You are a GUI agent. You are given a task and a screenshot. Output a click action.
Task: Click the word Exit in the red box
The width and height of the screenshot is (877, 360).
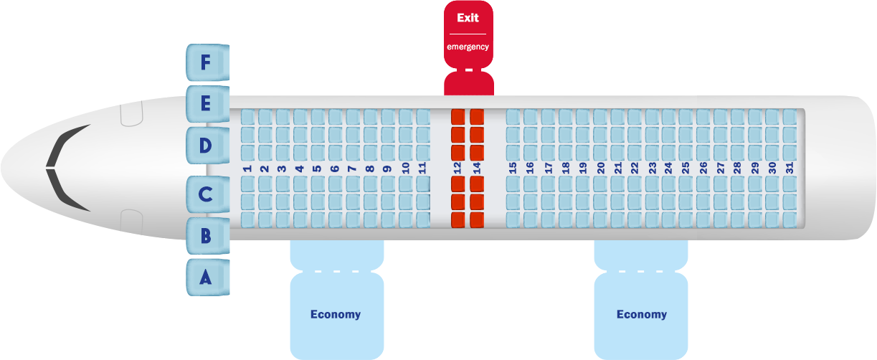(468, 18)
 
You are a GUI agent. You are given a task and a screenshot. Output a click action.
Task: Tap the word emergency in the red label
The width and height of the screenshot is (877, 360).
(468, 47)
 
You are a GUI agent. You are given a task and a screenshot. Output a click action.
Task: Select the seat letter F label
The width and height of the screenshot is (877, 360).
(206, 63)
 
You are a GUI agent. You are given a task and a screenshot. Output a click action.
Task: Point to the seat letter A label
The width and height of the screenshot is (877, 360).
(206, 277)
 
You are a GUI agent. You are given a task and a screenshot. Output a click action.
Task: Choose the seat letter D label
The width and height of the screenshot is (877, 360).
(206, 146)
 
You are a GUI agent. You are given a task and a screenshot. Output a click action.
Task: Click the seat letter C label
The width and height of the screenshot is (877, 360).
(206, 194)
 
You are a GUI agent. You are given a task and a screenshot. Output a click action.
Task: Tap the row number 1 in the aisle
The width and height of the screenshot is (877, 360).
(247, 169)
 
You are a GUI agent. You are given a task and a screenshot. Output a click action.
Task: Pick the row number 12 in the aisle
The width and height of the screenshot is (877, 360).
(458, 169)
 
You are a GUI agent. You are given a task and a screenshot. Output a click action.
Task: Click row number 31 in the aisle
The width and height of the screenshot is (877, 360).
(790, 169)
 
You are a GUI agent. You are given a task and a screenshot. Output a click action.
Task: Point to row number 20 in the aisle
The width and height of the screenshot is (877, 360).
(600, 169)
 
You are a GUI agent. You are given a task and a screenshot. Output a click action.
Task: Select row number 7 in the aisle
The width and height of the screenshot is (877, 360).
(352, 169)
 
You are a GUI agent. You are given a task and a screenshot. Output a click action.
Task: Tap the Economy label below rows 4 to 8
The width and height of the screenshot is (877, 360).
(336, 314)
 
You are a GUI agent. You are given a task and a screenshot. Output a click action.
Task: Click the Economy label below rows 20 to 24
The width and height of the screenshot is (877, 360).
(641, 314)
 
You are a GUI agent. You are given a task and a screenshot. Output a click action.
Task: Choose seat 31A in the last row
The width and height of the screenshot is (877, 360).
(790, 219)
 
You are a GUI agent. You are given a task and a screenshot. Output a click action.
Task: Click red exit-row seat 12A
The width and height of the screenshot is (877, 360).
(458, 219)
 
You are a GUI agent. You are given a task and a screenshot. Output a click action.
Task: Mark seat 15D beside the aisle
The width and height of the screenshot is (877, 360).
(513, 151)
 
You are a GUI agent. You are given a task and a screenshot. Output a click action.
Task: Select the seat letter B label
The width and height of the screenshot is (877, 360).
(206, 235)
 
